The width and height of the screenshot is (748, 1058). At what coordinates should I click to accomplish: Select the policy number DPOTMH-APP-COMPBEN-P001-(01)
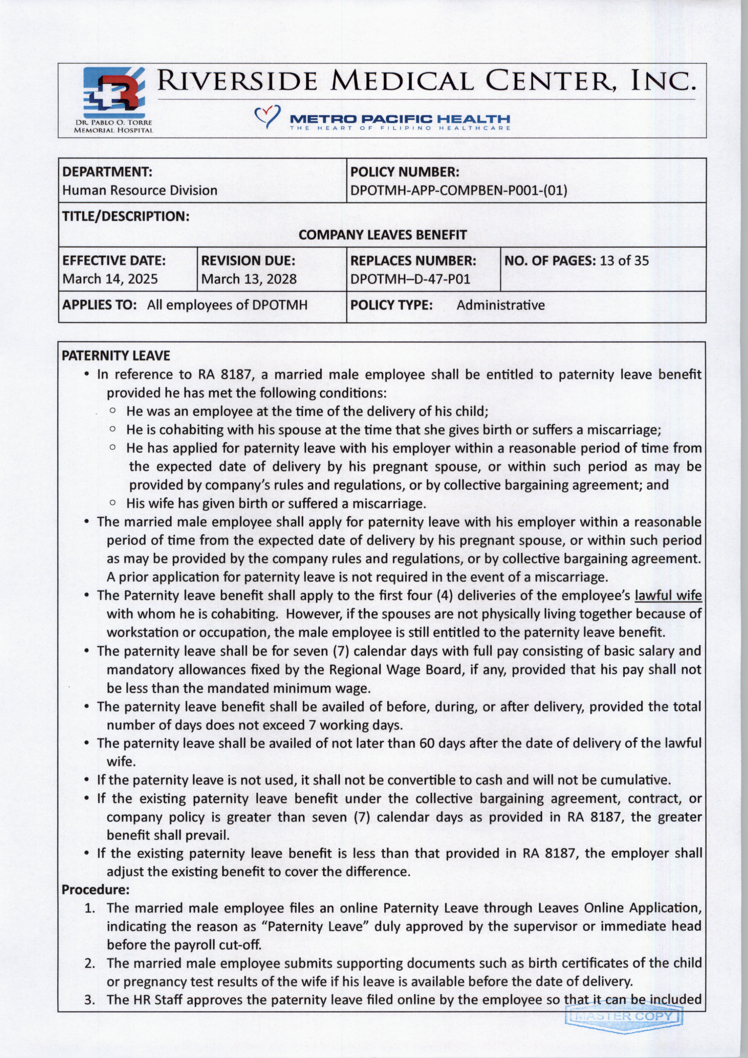tap(458, 190)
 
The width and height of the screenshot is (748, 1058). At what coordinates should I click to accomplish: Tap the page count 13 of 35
tap(624, 261)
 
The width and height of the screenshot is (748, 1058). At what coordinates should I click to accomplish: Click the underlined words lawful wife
tap(668, 595)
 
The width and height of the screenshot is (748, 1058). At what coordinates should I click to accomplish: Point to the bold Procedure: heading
tap(95, 889)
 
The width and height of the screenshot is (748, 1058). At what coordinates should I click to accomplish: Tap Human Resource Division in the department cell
tap(140, 190)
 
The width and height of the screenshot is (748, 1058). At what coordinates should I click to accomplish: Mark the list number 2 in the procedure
tap(90, 963)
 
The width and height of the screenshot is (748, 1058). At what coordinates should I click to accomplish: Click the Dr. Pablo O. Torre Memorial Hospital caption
tap(113, 126)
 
